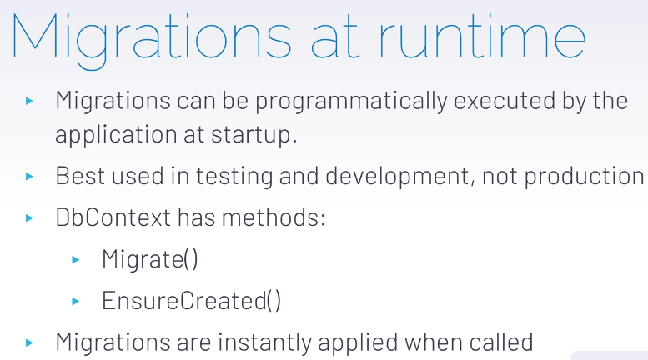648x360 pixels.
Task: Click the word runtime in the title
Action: [x=482, y=37]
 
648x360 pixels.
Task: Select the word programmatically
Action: [x=351, y=102]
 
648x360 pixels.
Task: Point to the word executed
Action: [x=505, y=100]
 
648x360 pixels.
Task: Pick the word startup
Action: [x=254, y=135]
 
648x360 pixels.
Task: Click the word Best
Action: [x=80, y=176]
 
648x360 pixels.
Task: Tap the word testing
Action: [x=234, y=177]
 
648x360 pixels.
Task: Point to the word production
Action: [x=584, y=177]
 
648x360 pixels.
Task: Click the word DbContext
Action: [x=113, y=217]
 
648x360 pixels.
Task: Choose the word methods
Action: [x=274, y=217]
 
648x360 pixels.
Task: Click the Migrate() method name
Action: [x=150, y=259]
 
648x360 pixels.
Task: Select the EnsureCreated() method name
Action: [x=191, y=300]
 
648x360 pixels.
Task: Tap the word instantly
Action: [x=264, y=342]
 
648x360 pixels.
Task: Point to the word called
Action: [x=501, y=342]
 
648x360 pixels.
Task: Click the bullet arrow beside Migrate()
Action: [x=76, y=260]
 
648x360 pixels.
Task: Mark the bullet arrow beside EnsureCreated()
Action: [x=76, y=302]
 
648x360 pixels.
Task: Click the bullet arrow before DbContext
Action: [x=29, y=217]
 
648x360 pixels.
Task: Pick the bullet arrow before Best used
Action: [x=29, y=177]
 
